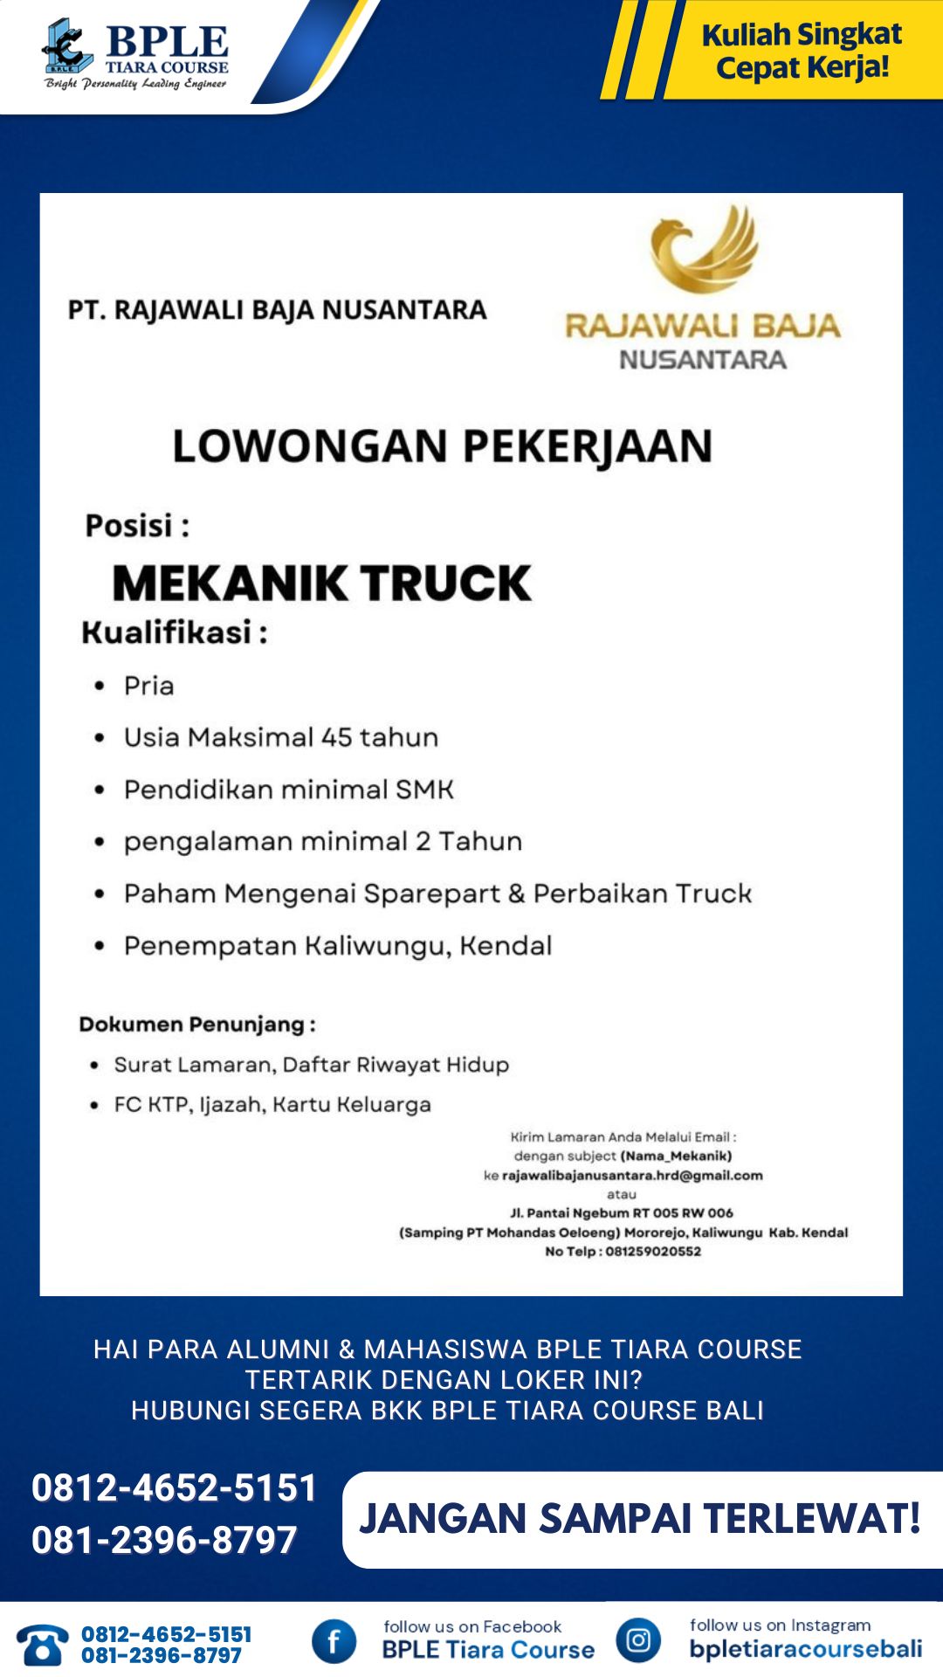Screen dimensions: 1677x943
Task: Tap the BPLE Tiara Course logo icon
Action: click(66, 47)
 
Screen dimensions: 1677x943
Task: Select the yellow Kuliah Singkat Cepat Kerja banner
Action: click(802, 50)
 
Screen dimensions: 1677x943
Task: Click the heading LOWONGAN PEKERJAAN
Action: click(442, 446)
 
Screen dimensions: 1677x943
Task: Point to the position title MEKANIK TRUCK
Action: click(321, 583)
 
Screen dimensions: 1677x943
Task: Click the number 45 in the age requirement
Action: click(335, 737)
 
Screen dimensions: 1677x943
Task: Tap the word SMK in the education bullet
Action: click(424, 790)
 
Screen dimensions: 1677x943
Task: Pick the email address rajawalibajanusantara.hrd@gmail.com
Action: click(632, 1176)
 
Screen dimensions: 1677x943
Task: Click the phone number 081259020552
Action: click(653, 1252)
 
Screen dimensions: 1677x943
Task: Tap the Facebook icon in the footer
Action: click(334, 1641)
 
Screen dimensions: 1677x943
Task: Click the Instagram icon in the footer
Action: click(638, 1640)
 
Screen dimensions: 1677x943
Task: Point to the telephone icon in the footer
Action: click(41, 1644)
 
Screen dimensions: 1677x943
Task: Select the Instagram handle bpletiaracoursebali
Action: click(805, 1649)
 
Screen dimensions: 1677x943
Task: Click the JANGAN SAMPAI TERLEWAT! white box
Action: click(641, 1519)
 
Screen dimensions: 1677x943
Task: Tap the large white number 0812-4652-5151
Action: click(174, 1487)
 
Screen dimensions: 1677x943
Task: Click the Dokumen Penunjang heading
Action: click(197, 1025)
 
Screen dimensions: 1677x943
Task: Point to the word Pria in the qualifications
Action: click(148, 686)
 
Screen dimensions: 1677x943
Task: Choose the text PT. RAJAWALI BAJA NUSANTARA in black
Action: click(277, 310)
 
